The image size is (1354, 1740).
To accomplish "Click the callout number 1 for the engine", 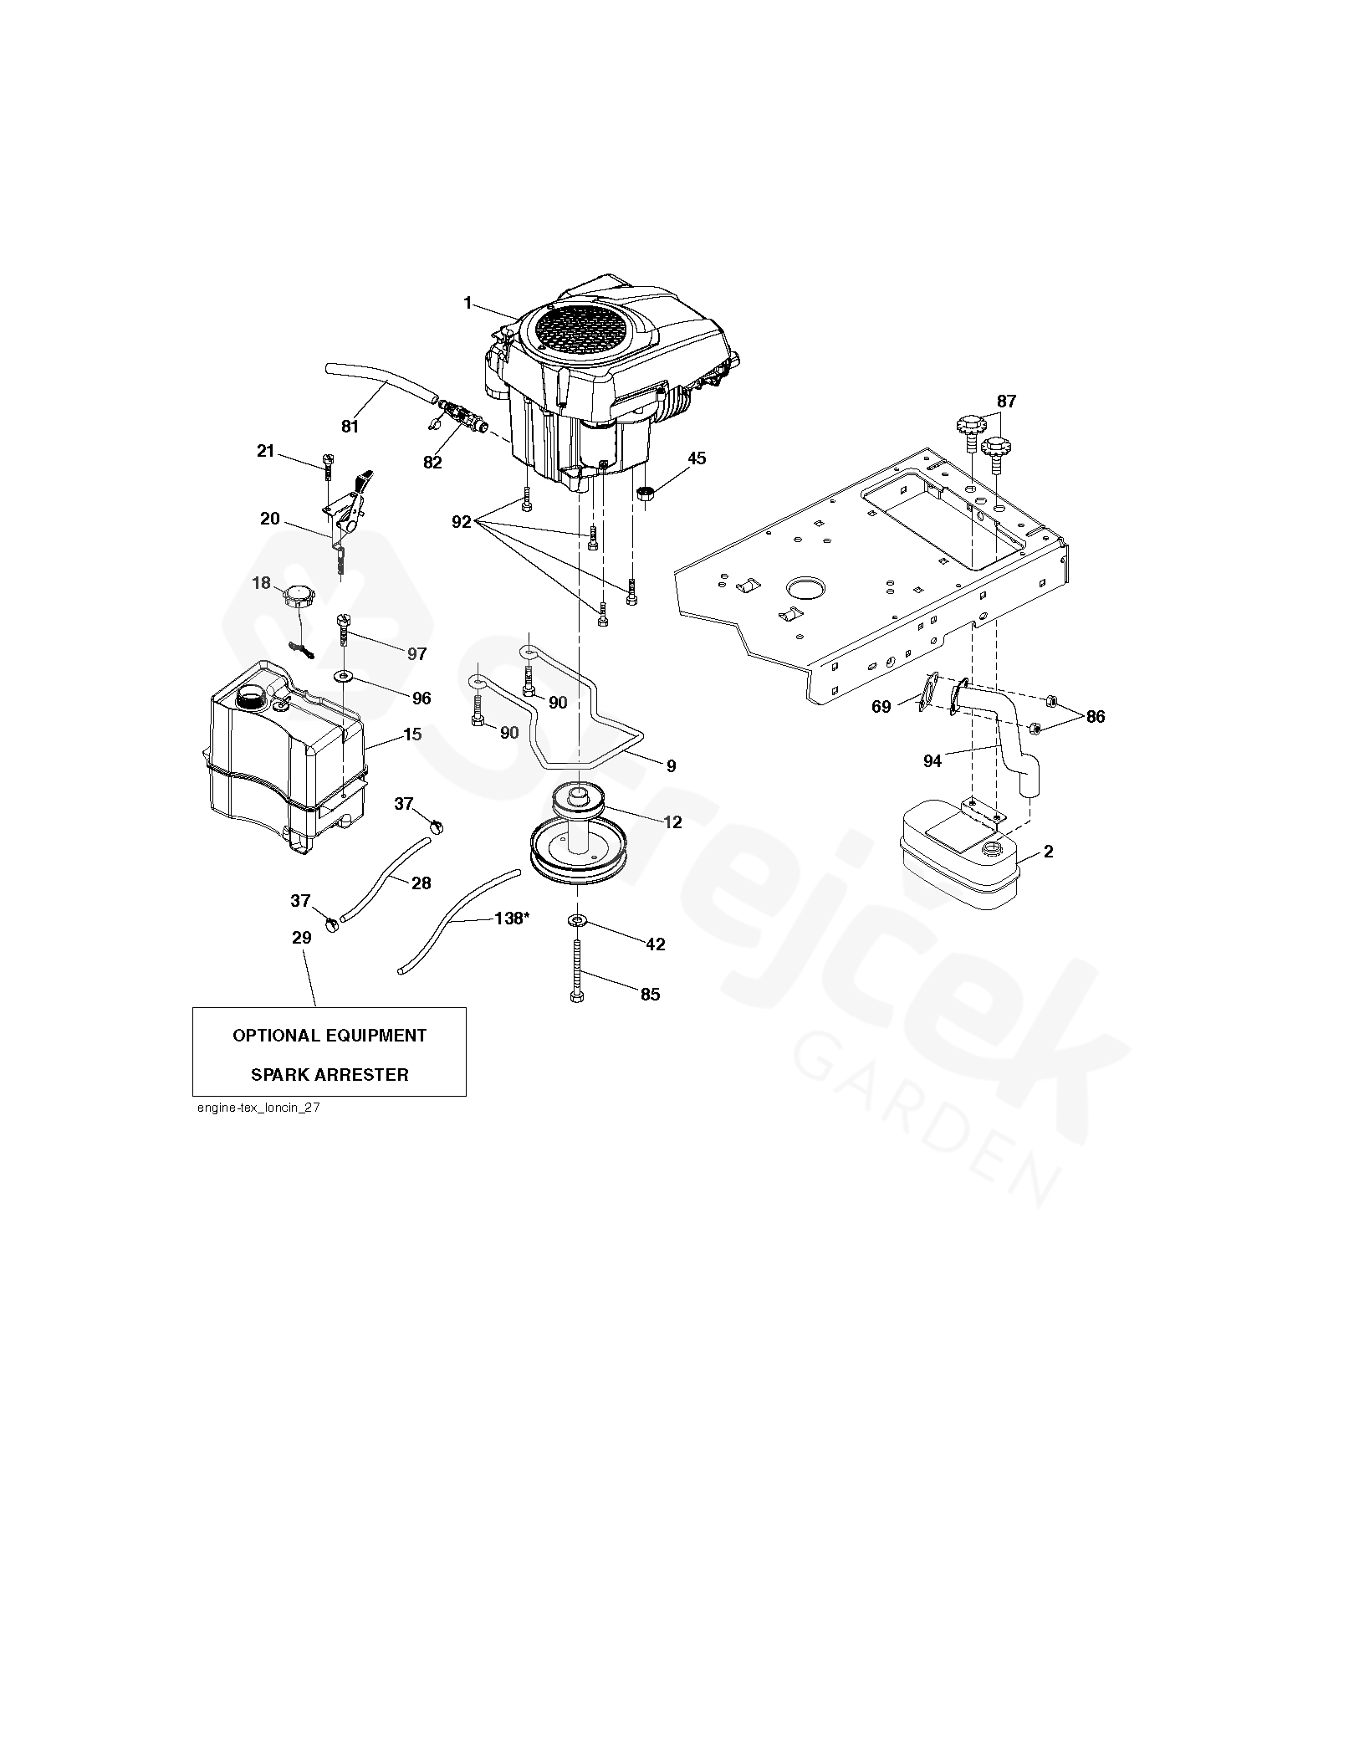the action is pos(468,304).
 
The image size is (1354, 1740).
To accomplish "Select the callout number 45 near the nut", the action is pos(696,458).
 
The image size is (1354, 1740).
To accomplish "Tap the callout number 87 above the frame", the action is pos(1006,402).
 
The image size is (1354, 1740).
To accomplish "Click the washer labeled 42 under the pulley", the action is pos(578,921).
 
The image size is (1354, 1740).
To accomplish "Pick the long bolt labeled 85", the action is pos(576,970).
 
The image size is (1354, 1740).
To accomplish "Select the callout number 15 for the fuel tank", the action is pos(412,734).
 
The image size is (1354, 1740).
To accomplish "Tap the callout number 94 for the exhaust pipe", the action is pos(932,760).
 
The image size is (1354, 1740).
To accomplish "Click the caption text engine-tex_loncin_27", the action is pos(257,1108).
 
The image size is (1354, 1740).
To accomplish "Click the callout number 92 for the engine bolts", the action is pos(461,522).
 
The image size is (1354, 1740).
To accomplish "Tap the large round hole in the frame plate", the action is pos(805,586).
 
